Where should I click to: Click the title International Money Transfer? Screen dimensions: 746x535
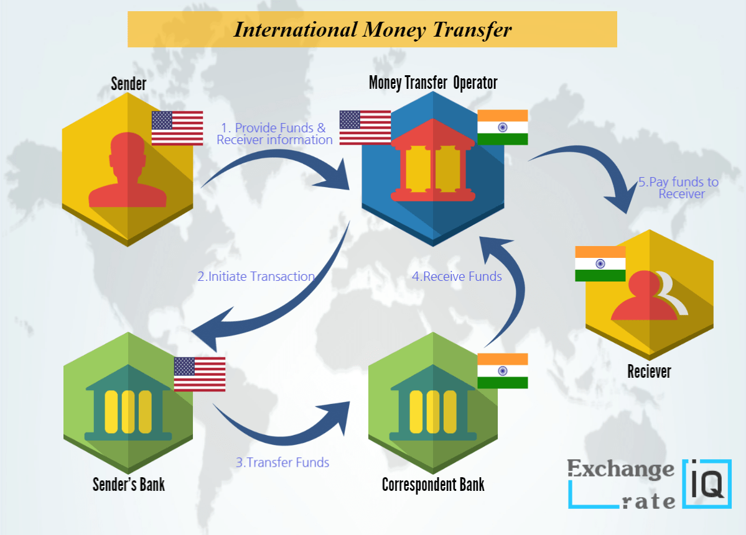[x=372, y=30]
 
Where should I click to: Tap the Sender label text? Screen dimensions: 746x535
[x=129, y=83]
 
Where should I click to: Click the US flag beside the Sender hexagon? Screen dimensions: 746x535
[x=177, y=128]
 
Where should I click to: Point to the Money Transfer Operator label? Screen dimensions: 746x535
[x=433, y=82]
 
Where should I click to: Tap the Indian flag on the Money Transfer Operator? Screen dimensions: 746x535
[x=502, y=127]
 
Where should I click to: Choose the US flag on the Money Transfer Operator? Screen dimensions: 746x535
[x=365, y=127]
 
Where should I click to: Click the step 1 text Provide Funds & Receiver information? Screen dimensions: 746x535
[x=274, y=134]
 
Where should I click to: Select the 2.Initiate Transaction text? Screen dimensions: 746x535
[x=256, y=277]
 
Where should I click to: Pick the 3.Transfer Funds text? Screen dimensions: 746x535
[x=282, y=462]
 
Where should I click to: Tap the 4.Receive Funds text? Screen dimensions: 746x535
[x=457, y=277]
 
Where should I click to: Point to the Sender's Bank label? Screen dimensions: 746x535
[x=129, y=484]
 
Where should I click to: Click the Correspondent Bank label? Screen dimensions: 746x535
[x=433, y=484]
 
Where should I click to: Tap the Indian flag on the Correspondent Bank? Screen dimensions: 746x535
[x=502, y=371]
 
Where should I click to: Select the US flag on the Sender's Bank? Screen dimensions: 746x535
[x=199, y=374]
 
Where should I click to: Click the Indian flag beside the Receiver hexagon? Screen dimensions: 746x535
[x=600, y=263]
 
